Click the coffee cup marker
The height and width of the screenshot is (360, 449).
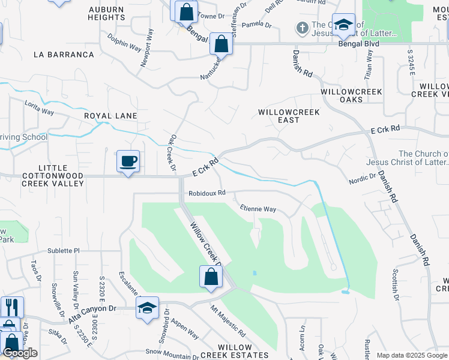click(x=128, y=162)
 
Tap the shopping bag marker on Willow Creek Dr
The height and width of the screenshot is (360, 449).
click(x=211, y=277)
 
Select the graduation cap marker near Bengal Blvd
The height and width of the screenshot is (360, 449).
click(x=343, y=25)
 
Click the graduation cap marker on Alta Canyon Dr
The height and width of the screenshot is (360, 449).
click(x=147, y=308)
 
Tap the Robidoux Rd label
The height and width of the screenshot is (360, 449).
click(x=206, y=193)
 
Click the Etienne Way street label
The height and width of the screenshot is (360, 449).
click(x=258, y=209)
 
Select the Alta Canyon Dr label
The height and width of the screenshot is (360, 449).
click(x=92, y=314)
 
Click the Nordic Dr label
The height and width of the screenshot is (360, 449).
click(x=362, y=178)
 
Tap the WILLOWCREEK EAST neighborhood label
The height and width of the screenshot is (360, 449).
click(x=288, y=116)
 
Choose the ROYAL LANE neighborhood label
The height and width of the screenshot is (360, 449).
click(x=110, y=116)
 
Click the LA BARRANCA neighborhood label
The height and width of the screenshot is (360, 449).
click(x=64, y=55)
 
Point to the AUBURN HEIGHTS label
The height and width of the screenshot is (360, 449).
click(x=106, y=14)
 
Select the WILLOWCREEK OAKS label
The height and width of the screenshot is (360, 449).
click(x=351, y=95)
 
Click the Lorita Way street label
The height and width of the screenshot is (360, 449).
click(x=40, y=112)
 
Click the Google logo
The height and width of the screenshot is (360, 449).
click(x=20, y=353)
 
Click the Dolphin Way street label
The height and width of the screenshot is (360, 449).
click(x=124, y=43)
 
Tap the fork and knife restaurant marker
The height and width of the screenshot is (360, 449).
click(x=12, y=307)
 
